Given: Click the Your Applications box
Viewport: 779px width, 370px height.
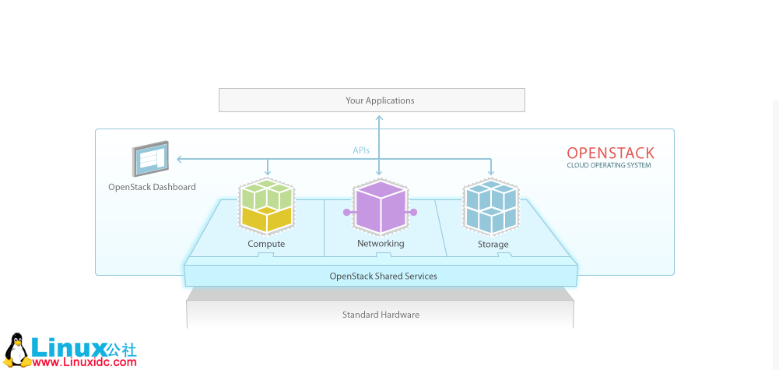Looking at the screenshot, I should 372,100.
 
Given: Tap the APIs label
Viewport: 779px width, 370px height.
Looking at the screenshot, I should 361,150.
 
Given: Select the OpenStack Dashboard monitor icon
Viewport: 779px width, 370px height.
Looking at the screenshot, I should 150,160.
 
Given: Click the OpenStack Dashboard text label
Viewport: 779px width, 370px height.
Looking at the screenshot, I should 152,187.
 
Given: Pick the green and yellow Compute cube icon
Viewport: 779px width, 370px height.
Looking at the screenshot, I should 267,206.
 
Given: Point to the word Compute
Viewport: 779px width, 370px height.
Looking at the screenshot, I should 266,244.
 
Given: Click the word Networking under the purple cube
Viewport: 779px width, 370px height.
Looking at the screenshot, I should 381,244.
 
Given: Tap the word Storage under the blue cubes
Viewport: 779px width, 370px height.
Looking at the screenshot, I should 493,245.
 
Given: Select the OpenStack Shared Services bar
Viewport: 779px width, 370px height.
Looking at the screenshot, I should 383,276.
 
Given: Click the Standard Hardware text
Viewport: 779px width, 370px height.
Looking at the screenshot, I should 381,315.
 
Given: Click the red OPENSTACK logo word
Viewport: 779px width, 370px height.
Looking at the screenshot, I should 610,153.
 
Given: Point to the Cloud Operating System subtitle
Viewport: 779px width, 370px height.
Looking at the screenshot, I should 609,165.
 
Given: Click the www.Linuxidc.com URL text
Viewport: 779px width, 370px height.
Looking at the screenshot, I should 85,361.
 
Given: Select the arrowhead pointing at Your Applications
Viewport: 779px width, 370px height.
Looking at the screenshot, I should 379,118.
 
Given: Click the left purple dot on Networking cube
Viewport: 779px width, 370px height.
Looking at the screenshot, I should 346,212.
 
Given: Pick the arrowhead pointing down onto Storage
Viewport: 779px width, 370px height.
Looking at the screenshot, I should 491,173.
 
